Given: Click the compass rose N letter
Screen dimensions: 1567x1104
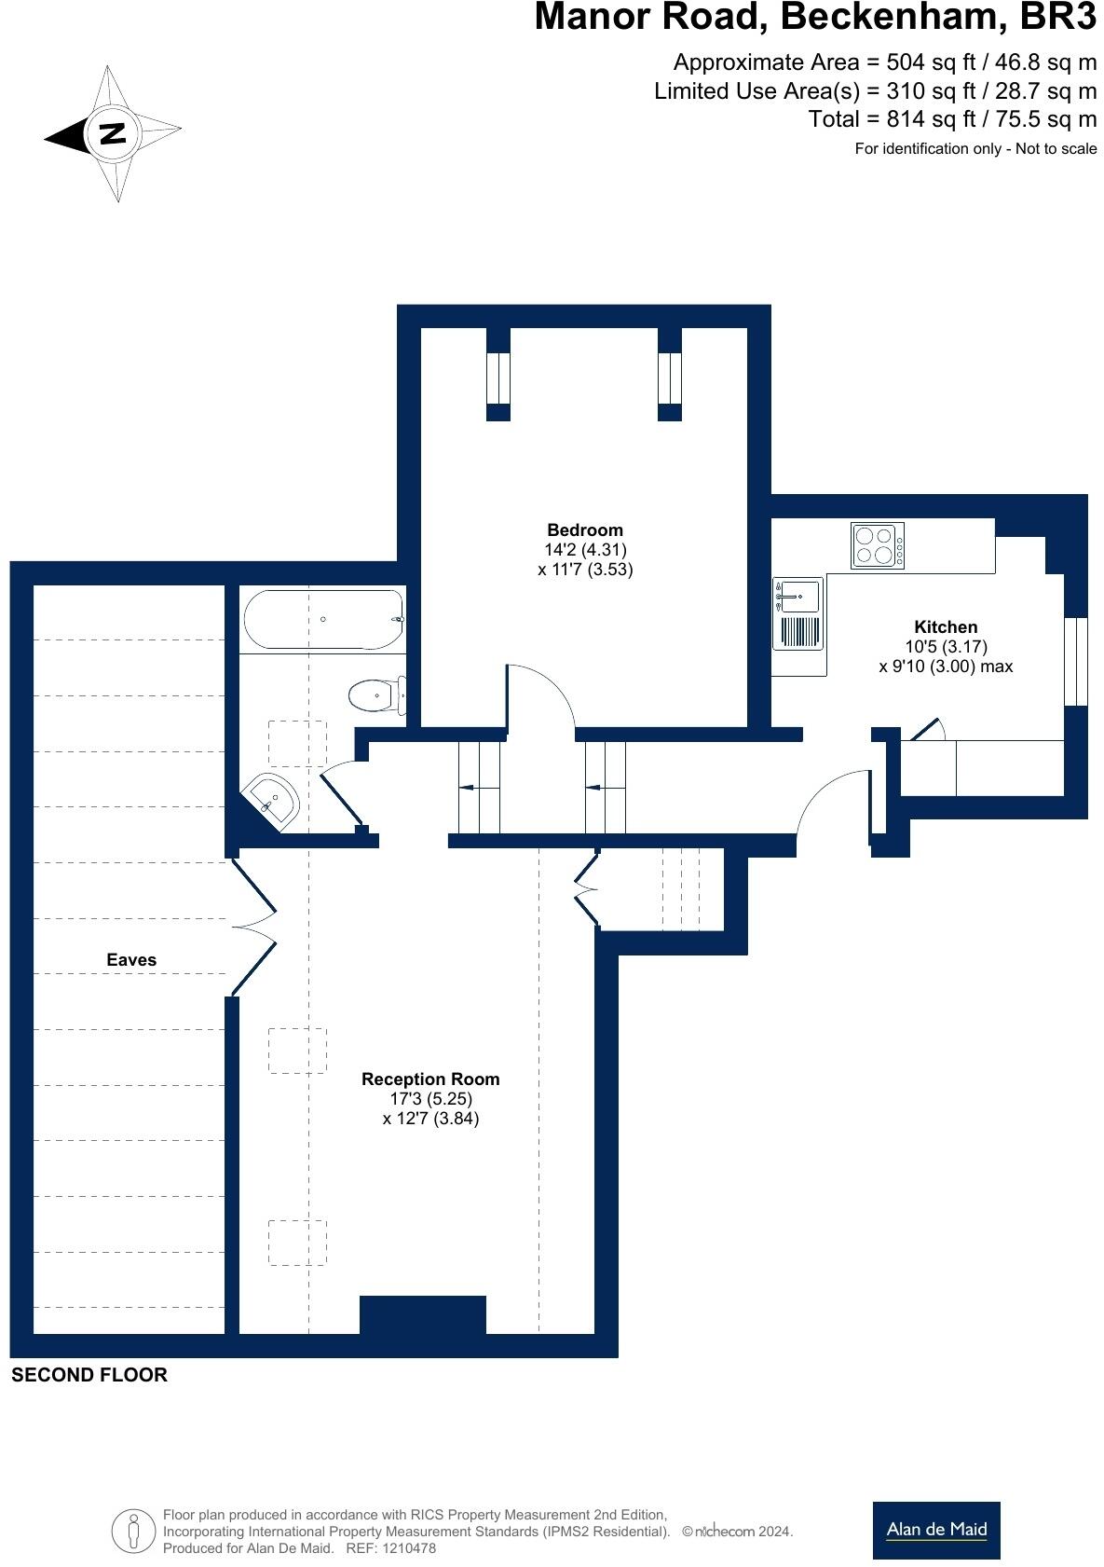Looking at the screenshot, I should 113,133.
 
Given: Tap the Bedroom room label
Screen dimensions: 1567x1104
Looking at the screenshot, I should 584,530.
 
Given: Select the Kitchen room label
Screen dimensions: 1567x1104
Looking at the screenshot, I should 946,627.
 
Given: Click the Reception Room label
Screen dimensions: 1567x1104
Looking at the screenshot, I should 430,1079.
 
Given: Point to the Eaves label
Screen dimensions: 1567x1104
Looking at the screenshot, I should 131,959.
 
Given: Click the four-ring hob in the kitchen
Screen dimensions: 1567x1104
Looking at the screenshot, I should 877,545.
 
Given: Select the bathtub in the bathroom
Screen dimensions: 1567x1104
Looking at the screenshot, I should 322,619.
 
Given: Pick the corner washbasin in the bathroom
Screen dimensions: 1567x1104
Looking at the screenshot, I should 273,798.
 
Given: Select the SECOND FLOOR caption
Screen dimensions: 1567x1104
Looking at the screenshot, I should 89,1375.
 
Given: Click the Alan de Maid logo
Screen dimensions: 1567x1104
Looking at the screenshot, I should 935,1530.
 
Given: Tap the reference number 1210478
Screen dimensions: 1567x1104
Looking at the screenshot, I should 403,1548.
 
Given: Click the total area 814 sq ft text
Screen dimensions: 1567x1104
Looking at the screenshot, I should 952,119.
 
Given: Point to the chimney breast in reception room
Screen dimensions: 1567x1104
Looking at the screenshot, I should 423,1314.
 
